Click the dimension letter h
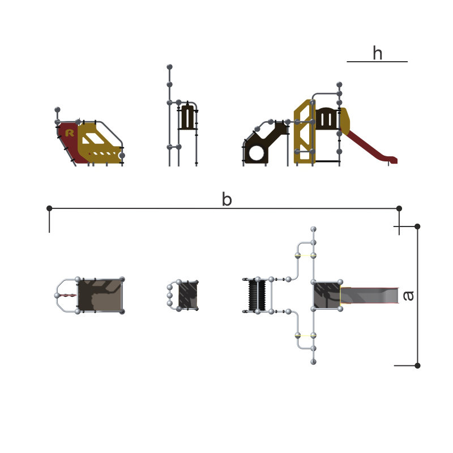pyautogui.click(x=377, y=53)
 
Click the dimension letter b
pyautogui.click(x=227, y=199)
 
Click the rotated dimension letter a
pyautogui.click(x=408, y=296)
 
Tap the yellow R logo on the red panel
pyautogui.click(x=70, y=133)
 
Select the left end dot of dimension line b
pyautogui.click(x=49, y=208)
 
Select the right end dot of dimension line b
pyautogui.click(x=399, y=208)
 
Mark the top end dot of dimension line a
pyautogui.click(x=417, y=226)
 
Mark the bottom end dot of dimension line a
pyautogui.click(x=417, y=365)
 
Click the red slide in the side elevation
pyautogui.click(x=370, y=147)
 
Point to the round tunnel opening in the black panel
pyautogui.click(x=257, y=152)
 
